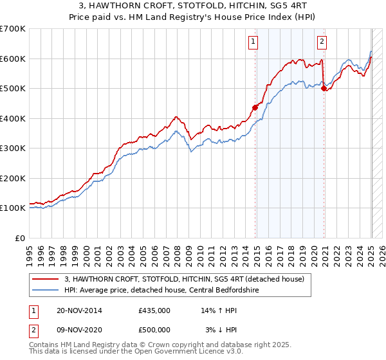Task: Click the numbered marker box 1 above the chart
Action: pos(253,42)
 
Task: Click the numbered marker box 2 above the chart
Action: pos(322,42)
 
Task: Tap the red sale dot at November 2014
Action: pos(255,107)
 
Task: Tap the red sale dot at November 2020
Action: pos(324,88)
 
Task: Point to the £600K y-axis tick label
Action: pos(13,59)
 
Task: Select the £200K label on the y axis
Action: pos(13,178)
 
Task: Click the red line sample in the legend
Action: pos(46,278)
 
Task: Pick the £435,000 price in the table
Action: pos(154,310)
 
